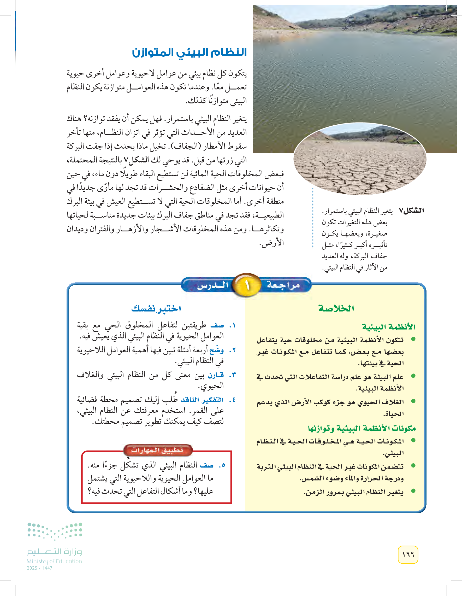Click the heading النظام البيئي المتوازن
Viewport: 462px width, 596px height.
point(189,52)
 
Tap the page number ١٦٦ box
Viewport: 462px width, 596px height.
point(408,554)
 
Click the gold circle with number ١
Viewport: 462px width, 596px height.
point(247,285)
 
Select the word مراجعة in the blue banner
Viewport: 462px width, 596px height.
point(283,285)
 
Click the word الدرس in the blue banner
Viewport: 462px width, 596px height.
point(212,285)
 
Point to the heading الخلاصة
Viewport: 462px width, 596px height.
point(336,309)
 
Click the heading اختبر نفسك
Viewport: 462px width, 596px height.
point(156,309)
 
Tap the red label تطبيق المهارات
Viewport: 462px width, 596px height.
point(157,450)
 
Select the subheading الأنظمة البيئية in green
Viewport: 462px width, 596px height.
point(389,327)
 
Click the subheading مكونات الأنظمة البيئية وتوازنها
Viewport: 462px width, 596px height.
point(362,428)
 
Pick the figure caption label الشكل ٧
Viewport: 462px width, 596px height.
point(412,211)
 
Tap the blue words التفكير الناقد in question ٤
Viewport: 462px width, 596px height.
point(202,400)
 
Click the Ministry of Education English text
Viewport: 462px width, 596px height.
point(54,561)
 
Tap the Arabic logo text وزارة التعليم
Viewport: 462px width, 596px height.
point(54,552)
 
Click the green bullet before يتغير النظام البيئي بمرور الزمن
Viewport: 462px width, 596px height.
point(413,491)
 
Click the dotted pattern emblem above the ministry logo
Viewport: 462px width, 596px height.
point(55,531)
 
